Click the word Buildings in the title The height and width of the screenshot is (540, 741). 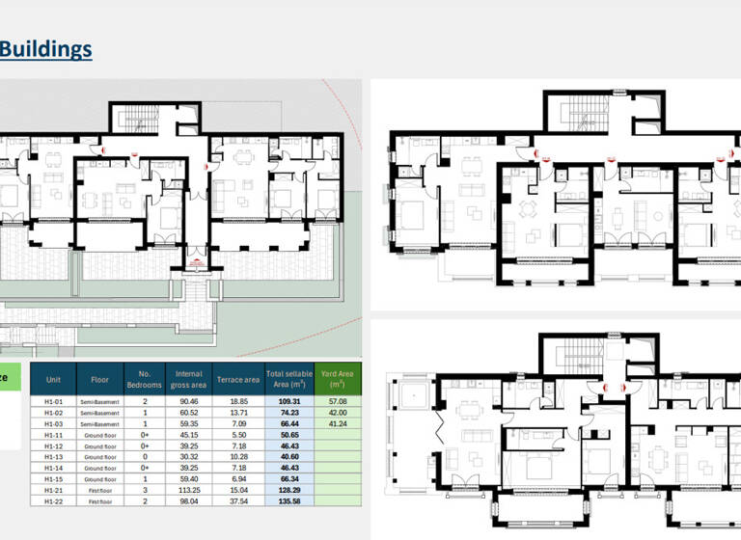point(46,48)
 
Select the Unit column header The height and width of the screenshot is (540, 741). point(53,379)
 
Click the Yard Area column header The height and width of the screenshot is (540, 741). point(338,379)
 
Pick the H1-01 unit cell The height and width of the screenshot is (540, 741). point(53,401)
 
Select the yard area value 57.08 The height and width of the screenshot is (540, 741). point(338,401)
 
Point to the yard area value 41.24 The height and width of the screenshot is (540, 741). point(338,423)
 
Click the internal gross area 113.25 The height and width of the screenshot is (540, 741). point(190,490)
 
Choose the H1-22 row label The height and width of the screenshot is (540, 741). point(53,501)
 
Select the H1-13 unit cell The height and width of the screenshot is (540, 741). point(53,457)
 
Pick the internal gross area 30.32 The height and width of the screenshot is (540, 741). point(190,457)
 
